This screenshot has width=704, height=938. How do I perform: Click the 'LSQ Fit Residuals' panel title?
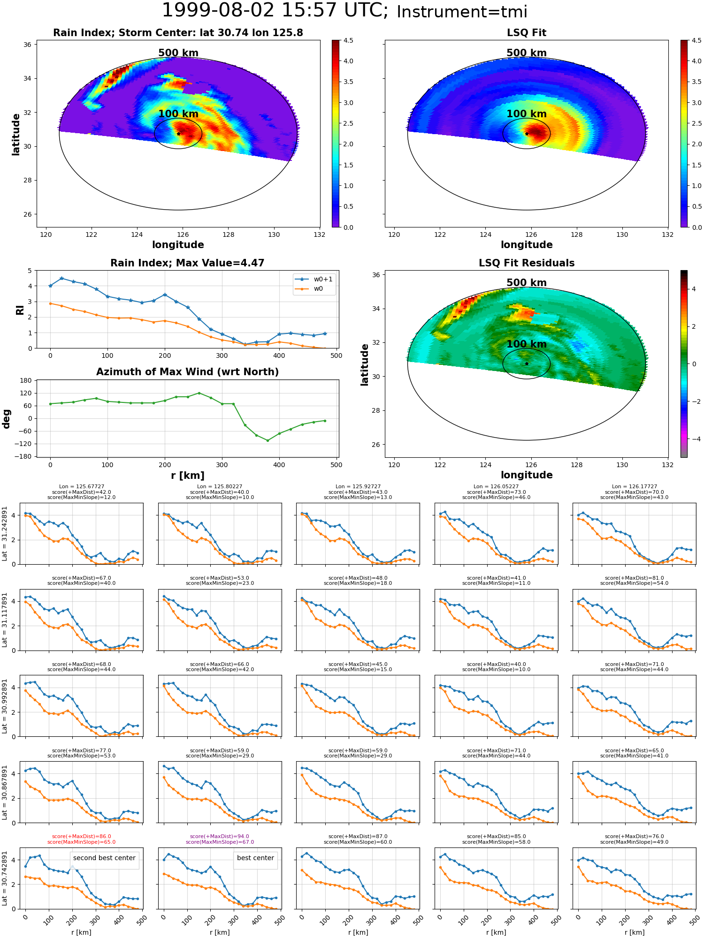pos(527,263)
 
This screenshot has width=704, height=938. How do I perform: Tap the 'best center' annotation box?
pos(255,858)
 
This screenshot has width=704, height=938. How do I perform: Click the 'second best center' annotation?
pos(104,858)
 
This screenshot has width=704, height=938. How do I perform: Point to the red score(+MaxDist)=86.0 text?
pos(82,837)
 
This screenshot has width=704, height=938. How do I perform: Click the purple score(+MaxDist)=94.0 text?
pos(220,837)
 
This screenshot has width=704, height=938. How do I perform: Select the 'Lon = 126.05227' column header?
pos(496,487)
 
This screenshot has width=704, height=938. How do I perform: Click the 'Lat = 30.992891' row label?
pos(5,706)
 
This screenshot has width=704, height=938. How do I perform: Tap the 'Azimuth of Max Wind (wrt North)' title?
pos(187,372)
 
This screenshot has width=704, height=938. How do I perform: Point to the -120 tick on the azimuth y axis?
pos(23,444)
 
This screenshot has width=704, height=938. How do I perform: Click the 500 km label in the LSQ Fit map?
pos(527,53)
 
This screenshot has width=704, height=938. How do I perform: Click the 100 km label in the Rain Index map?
pos(178,114)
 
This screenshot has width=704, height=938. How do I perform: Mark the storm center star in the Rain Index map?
pos(178,134)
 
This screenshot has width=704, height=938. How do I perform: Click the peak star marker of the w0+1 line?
pos(61,278)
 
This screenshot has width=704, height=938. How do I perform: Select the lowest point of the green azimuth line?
pos(268,440)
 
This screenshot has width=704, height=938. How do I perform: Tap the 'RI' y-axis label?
pos(20,310)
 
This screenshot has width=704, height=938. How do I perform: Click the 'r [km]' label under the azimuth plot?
pos(187,476)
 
